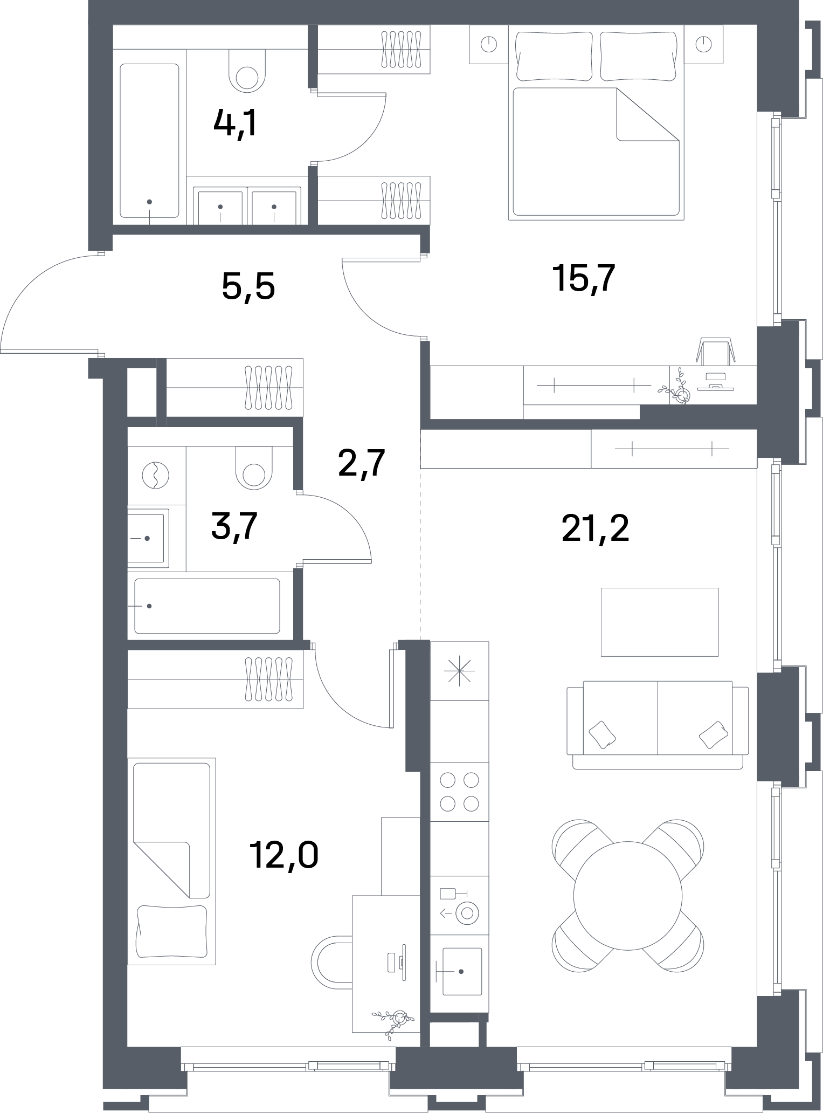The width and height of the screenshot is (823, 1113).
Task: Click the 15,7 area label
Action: (584, 279)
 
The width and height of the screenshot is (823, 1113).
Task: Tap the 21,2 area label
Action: (595, 528)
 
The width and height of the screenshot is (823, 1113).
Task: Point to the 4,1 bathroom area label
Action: (235, 123)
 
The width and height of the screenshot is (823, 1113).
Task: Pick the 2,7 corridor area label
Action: (361, 463)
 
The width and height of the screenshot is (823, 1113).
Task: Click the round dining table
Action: (628, 896)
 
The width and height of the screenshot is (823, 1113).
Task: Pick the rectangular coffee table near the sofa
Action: (660, 622)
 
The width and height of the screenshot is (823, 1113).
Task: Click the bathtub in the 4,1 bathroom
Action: (149, 140)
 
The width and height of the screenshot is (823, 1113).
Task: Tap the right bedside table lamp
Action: (703, 44)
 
